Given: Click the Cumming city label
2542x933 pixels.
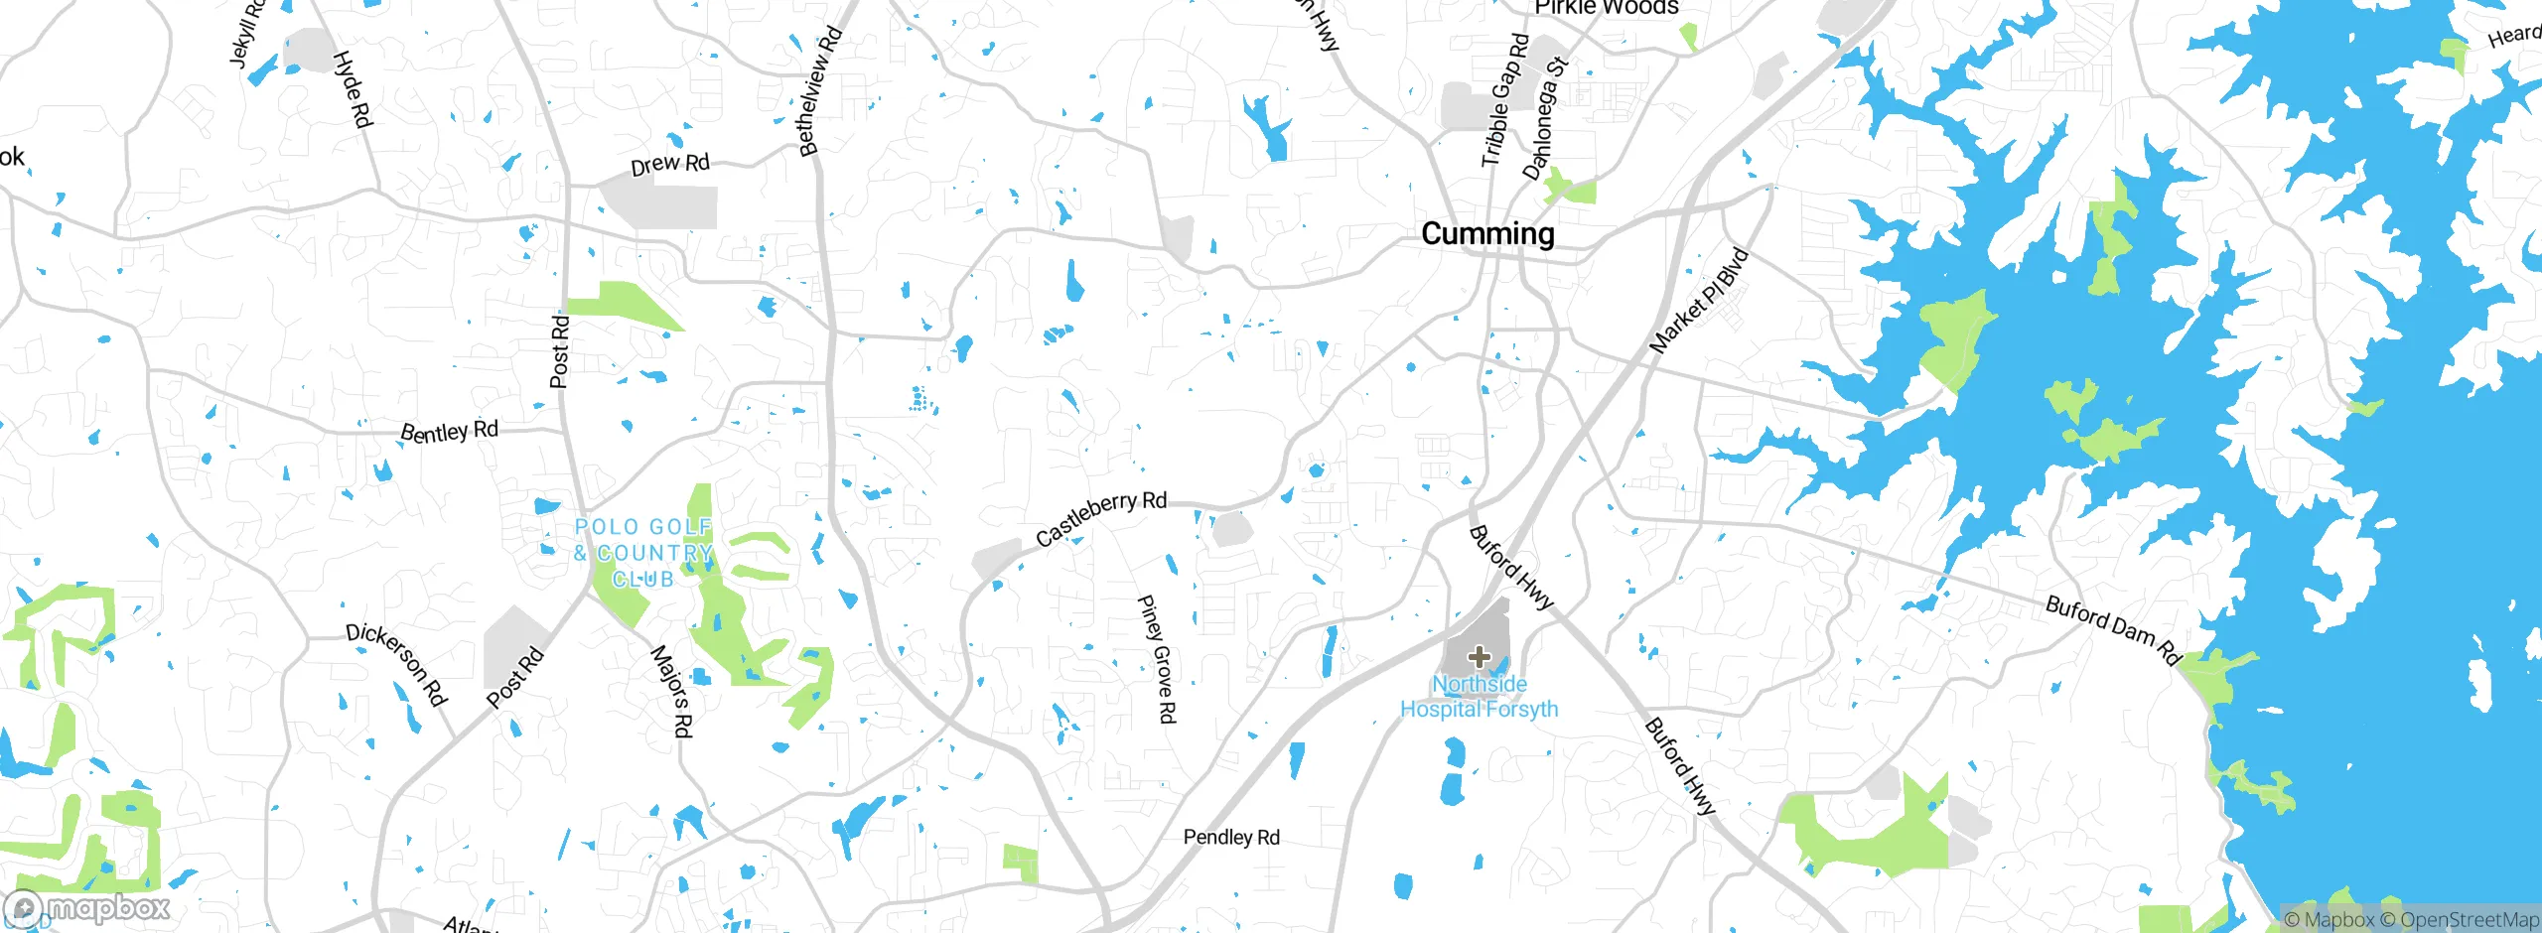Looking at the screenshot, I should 1486,234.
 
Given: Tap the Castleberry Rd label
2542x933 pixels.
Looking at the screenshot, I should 1100,517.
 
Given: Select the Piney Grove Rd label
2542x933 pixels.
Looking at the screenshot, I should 1157,658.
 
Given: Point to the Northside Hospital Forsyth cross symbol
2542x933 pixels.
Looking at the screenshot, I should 1480,656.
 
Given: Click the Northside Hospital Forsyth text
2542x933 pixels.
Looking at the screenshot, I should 1479,697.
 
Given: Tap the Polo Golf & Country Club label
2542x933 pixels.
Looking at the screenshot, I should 643,553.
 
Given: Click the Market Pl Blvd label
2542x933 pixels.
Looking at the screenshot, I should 1698,300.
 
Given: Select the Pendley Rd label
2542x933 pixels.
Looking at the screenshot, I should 1231,838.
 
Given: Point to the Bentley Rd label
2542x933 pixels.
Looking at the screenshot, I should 449,431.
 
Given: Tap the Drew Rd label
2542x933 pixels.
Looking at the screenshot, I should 670,164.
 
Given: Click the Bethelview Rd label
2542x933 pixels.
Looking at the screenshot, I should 820,91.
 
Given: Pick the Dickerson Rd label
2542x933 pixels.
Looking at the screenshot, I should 396,663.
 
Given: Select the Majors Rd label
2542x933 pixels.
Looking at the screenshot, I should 671,691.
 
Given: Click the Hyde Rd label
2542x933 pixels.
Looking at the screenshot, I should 352,89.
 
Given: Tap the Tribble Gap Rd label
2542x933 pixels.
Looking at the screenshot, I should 1505,100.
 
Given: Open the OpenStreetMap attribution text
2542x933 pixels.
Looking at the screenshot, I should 2469,920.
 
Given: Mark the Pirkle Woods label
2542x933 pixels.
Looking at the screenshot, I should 1606,8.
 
